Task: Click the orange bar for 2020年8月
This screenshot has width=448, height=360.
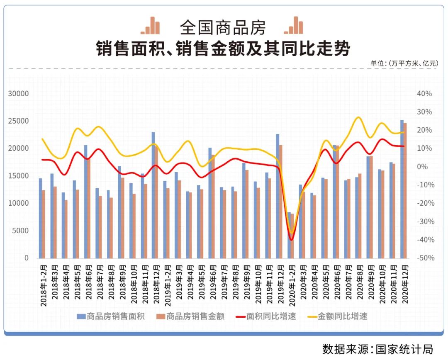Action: tap(360, 216)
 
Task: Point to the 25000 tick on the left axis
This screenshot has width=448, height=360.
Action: tap(19, 121)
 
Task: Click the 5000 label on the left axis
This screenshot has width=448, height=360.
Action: tap(20, 231)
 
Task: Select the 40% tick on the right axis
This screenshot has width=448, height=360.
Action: tap(424, 94)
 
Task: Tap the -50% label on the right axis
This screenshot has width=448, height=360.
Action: tap(424, 258)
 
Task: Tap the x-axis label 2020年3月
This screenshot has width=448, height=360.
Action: tap(303, 285)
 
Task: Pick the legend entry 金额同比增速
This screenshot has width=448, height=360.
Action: tap(342, 316)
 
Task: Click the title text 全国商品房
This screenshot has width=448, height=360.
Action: tap(223, 27)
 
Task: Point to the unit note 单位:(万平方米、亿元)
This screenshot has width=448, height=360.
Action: tap(404, 63)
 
